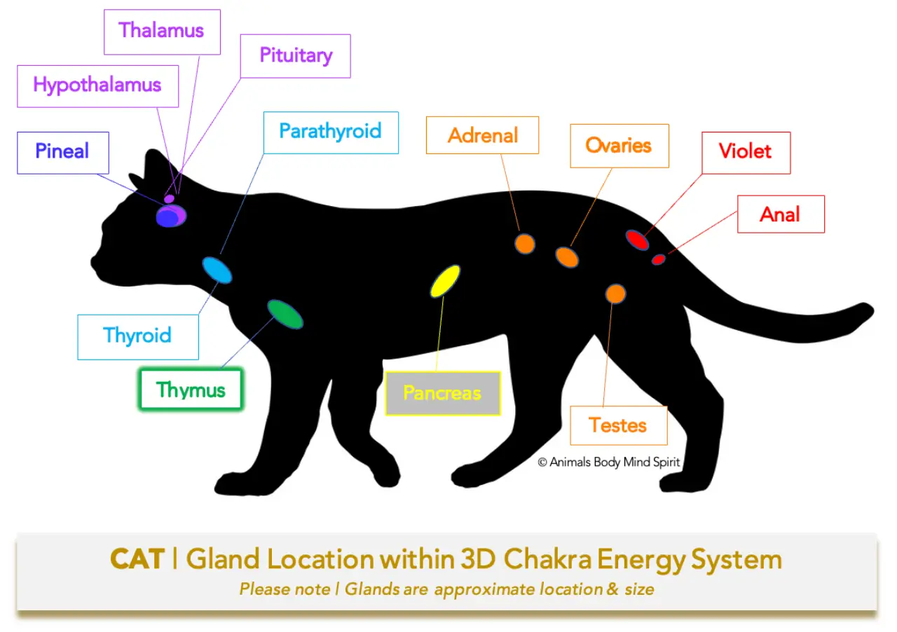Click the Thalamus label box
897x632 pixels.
pos(162,32)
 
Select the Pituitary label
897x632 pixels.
pos(295,55)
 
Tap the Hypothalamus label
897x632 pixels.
pos(97,85)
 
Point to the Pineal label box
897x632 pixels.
pos(62,152)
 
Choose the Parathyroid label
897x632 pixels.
pos(330,132)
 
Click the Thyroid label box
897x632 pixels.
pos(137,336)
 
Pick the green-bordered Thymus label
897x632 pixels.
pos(191,390)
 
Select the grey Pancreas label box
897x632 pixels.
pos(442,393)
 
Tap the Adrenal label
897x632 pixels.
pos(482,135)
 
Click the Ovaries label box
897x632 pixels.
pos(619,146)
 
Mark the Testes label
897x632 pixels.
pos(618,425)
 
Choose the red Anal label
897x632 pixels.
pos(780,214)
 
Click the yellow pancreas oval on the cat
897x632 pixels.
pos(445,281)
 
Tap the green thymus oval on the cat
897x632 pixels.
pos(285,314)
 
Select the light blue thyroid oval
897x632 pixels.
pos(217,270)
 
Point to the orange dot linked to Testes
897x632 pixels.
pos(615,294)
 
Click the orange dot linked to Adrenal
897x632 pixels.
pos(525,243)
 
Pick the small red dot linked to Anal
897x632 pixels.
pos(658,260)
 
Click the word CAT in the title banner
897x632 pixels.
pos(137,560)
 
